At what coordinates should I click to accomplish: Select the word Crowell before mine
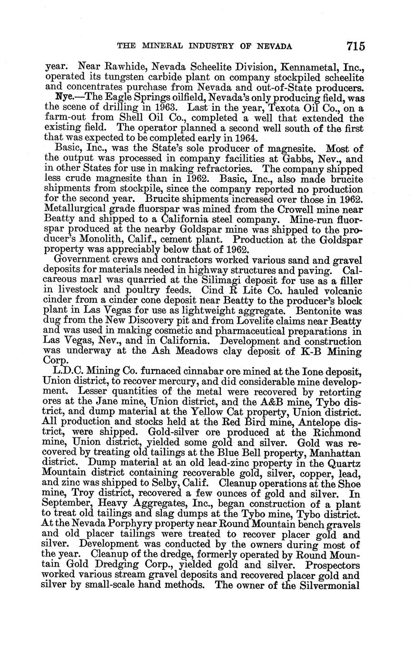point(303,209)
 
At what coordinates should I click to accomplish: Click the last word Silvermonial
point(332,585)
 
